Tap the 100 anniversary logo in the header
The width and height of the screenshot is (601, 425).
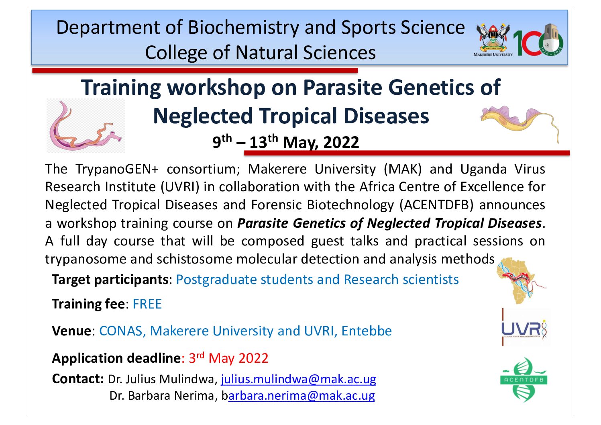tap(538, 40)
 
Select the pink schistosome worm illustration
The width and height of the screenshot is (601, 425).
tap(86, 126)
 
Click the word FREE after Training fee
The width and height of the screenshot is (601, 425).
tap(147, 304)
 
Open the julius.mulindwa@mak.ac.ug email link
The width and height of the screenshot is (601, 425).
tap(298, 379)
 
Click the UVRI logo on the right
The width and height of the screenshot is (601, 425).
tap(525, 327)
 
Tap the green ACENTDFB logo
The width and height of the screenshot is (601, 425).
tap(524, 380)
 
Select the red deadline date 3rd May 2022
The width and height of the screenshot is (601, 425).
tap(228, 358)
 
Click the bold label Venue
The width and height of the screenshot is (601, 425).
tap(71, 331)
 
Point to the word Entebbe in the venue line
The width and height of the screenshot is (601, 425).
tap(367, 331)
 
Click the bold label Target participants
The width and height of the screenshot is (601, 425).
tap(110, 280)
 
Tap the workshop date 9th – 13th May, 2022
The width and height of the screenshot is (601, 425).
tap(286, 141)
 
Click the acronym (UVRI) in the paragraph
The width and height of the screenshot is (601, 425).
tap(180, 187)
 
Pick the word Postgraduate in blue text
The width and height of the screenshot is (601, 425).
tap(218, 280)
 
